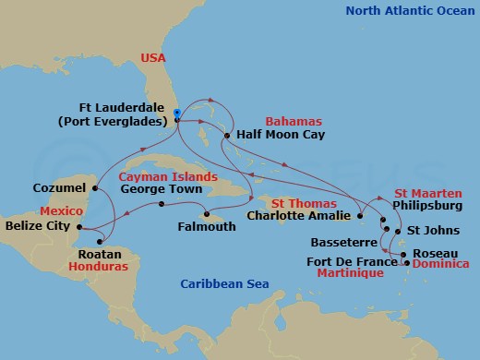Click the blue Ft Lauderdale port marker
[x=176, y=114]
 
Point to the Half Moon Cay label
[x=278, y=133]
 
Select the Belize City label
[x=38, y=225]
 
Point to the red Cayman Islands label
[x=168, y=175]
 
